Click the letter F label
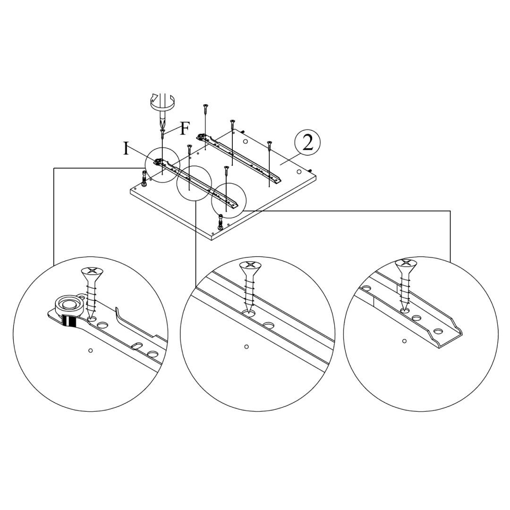[185, 128]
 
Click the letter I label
[126, 148]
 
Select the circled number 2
[307, 143]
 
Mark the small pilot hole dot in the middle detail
[246, 347]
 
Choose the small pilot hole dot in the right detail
[404, 340]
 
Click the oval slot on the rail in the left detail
[137, 346]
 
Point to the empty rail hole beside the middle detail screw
[269, 325]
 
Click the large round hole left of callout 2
[245, 141]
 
